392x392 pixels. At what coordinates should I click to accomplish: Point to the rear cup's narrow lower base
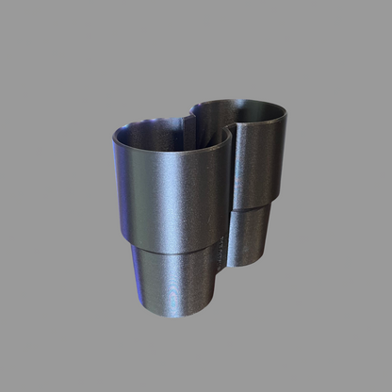(x=250, y=236)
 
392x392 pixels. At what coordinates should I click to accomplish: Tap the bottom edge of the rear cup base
(x=250, y=263)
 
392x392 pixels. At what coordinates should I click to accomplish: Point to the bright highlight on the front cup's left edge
(x=117, y=184)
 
